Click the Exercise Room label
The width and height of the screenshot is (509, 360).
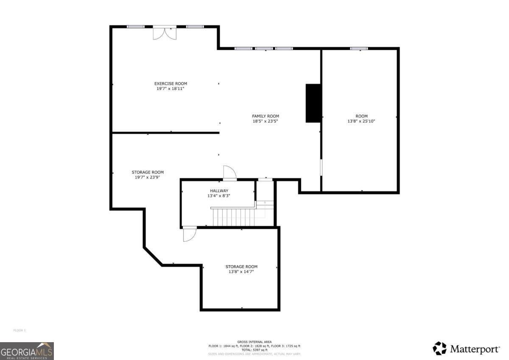(x=171, y=84)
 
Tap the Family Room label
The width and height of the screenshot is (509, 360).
(x=266, y=116)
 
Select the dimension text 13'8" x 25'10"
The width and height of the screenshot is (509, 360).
(x=361, y=121)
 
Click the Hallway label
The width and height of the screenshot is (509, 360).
(x=219, y=191)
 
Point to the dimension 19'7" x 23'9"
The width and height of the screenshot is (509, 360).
(x=148, y=177)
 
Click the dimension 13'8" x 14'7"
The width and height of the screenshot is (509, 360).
(x=241, y=272)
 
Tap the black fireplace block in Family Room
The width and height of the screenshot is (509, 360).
(x=313, y=103)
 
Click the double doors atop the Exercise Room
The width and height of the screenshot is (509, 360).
(x=165, y=33)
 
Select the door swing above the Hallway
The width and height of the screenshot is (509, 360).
(x=229, y=172)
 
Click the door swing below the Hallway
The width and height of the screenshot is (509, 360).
(x=189, y=234)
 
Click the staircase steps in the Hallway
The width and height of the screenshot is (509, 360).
(x=234, y=217)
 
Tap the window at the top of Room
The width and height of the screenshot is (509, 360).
(x=359, y=49)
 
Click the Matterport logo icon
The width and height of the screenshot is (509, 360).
(x=439, y=349)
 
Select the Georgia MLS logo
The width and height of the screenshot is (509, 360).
(x=27, y=351)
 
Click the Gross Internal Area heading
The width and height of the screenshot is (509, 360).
(x=255, y=342)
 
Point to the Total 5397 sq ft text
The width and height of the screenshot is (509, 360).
(x=255, y=350)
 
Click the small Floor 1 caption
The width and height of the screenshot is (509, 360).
(x=20, y=330)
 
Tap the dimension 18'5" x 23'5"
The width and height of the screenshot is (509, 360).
(x=266, y=121)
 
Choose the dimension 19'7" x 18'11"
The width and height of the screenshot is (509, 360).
(x=171, y=89)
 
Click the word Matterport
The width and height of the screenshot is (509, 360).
(x=475, y=349)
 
